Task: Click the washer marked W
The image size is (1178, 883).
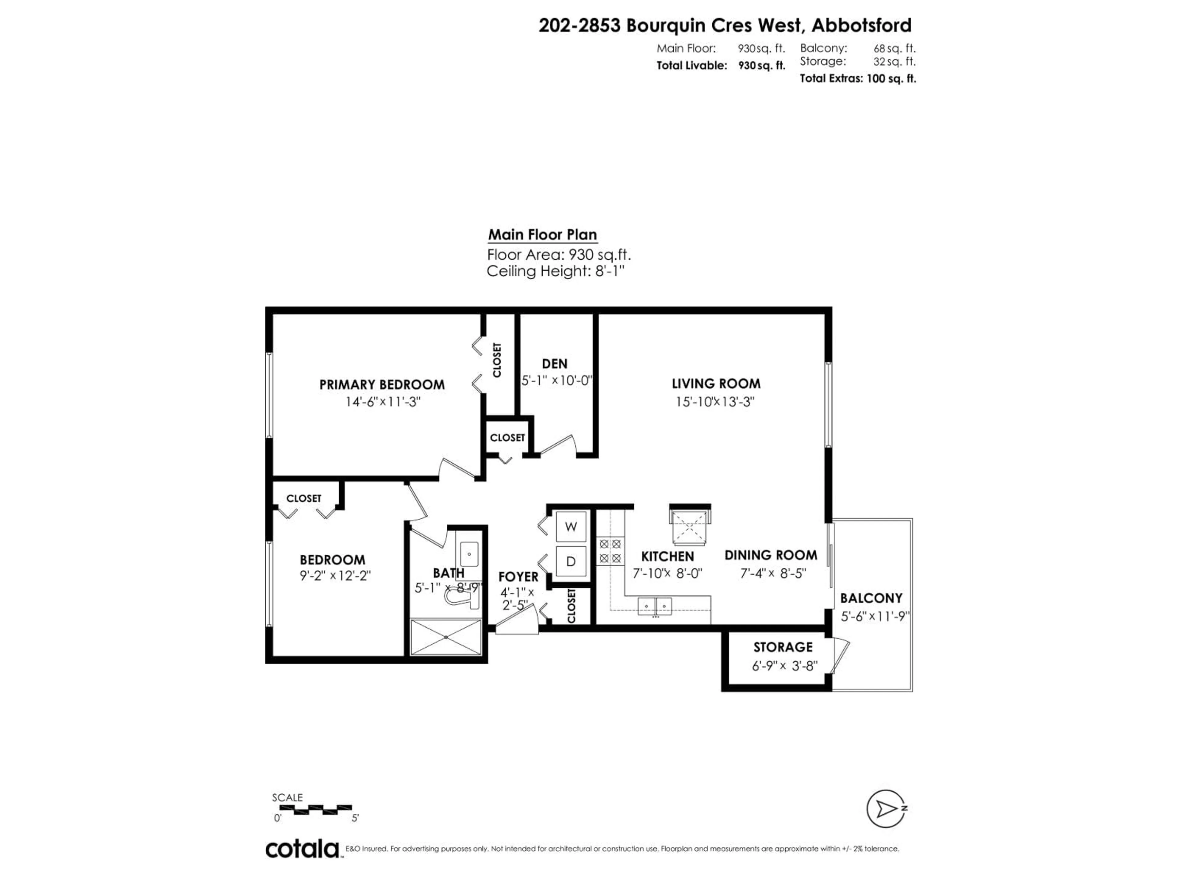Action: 571,527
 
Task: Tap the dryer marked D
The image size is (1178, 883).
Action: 571,561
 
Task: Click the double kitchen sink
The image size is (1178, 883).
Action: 655,606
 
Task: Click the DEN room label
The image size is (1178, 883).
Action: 554,364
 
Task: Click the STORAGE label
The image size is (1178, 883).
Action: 783,647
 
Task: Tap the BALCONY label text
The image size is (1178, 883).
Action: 871,598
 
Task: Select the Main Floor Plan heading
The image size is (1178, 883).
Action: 542,235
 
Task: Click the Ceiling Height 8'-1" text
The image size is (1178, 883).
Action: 555,271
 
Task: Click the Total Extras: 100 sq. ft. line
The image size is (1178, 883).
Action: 857,79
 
